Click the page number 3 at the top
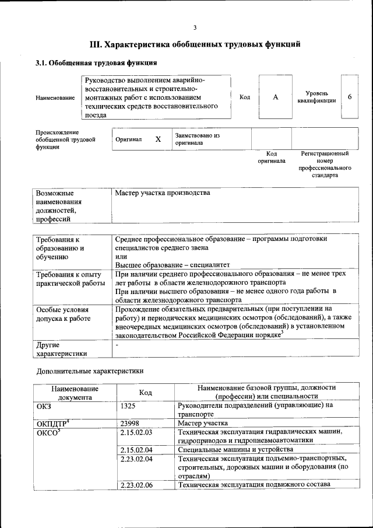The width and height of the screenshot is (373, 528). [195, 27]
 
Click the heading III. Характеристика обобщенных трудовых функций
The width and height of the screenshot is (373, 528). [195, 43]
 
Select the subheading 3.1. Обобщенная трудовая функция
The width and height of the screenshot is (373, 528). [96, 63]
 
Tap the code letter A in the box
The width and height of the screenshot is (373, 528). [275, 97]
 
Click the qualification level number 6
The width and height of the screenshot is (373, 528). [349, 97]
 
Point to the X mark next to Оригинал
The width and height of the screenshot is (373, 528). [158, 139]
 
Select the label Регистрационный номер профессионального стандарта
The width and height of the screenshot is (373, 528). [324, 164]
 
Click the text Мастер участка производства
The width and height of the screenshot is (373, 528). [163, 193]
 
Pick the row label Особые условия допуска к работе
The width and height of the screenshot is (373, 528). [62, 314]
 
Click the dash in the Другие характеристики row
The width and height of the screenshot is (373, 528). [117, 345]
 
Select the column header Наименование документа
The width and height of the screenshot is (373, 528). [75, 393]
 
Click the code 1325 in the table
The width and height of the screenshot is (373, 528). [129, 405]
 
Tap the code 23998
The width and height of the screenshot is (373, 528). [131, 423]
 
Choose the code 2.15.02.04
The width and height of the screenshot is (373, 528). [136, 449]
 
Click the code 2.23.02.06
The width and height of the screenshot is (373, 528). [136, 485]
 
